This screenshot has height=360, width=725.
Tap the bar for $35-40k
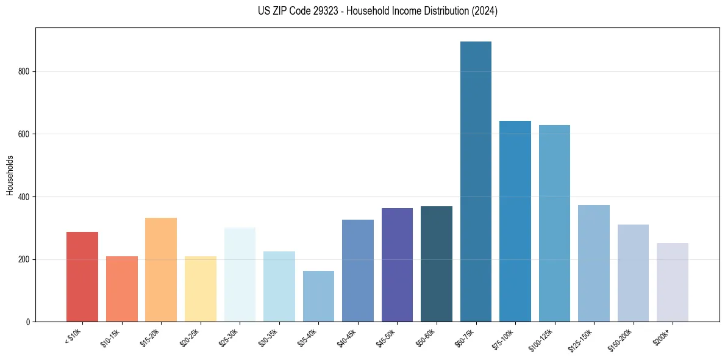(318, 296)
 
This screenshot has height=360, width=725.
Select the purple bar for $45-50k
(397, 265)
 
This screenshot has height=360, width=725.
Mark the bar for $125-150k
(594, 263)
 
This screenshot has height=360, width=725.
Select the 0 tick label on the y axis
(28, 322)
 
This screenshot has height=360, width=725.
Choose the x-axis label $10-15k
(110, 337)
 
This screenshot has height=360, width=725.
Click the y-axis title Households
(10, 175)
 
